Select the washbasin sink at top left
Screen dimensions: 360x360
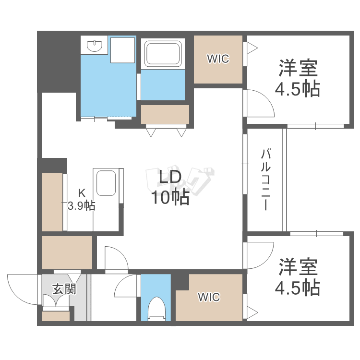(x=95, y=46)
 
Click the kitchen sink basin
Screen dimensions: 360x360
(x=106, y=183)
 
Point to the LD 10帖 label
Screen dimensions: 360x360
(x=170, y=187)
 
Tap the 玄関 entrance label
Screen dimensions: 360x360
(x=64, y=289)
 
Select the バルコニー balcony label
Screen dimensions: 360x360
(x=265, y=180)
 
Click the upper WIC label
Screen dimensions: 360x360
(x=218, y=59)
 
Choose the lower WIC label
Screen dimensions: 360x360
(x=209, y=297)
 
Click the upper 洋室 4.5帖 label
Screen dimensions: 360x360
(x=298, y=78)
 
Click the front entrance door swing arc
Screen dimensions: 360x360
(x=16, y=296)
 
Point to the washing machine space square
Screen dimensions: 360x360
(x=122, y=50)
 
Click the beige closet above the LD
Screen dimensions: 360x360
(x=165, y=114)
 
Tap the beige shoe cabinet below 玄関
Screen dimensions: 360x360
(x=56, y=316)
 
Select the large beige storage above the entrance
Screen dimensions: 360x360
(x=67, y=252)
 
